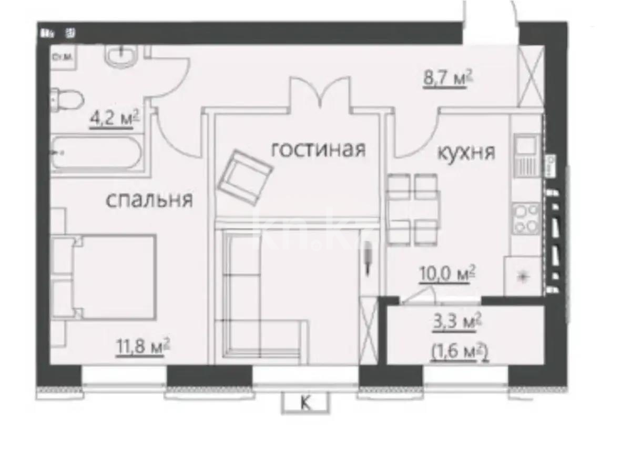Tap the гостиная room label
tap(318, 150)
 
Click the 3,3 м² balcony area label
tap(454, 322)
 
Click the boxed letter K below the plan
tap(304, 404)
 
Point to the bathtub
tap(96, 153)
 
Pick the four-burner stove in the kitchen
tap(526, 218)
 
